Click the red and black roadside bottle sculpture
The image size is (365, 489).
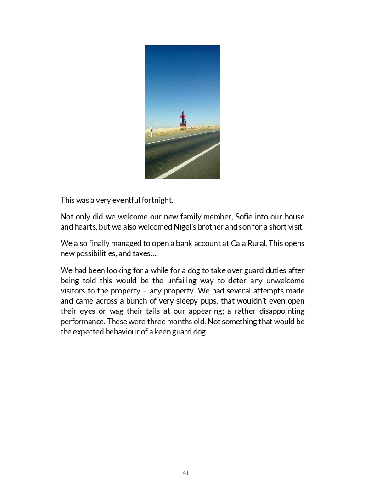click(x=183, y=119)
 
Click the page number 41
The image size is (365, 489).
click(x=185, y=472)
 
